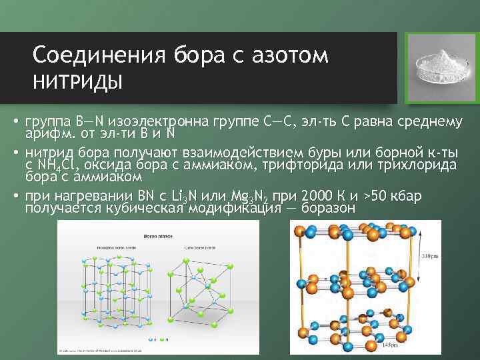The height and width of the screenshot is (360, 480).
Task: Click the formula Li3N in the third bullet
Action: (x=189, y=196)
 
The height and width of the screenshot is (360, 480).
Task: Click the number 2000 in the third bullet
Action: (x=318, y=195)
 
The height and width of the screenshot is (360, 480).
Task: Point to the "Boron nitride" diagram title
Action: (x=158, y=235)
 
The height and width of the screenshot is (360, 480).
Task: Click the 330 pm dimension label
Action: (x=429, y=256)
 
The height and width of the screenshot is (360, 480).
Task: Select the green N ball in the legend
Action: (x=163, y=339)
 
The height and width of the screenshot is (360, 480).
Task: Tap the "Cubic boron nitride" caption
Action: (x=200, y=247)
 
